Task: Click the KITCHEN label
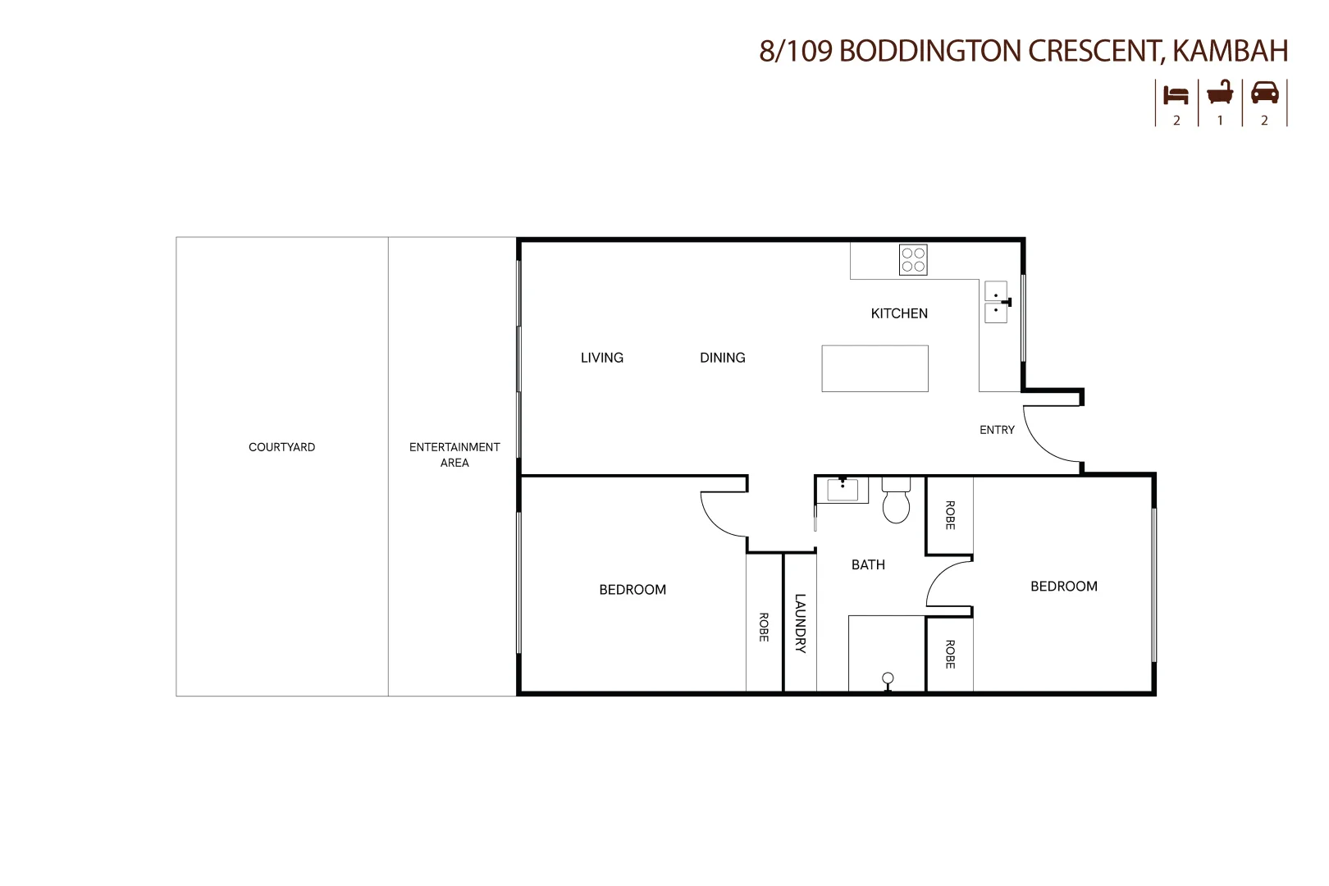[x=899, y=313]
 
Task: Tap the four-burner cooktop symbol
[x=913, y=260]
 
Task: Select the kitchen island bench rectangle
[x=875, y=368]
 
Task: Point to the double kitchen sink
[x=995, y=302]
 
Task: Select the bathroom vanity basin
[x=843, y=490]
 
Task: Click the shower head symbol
[x=888, y=679]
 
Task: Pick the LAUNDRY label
[x=800, y=623]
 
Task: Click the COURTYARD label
[x=281, y=447]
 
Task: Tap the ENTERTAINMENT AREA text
[x=454, y=454]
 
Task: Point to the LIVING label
[x=602, y=358]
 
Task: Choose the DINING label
[x=722, y=358]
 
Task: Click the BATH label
[x=868, y=564]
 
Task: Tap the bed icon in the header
[x=1176, y=95]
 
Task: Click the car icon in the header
[x=1264, y=93]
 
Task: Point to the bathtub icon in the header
[x=1220, y=93]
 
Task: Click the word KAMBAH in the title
[x=1230, y=51]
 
